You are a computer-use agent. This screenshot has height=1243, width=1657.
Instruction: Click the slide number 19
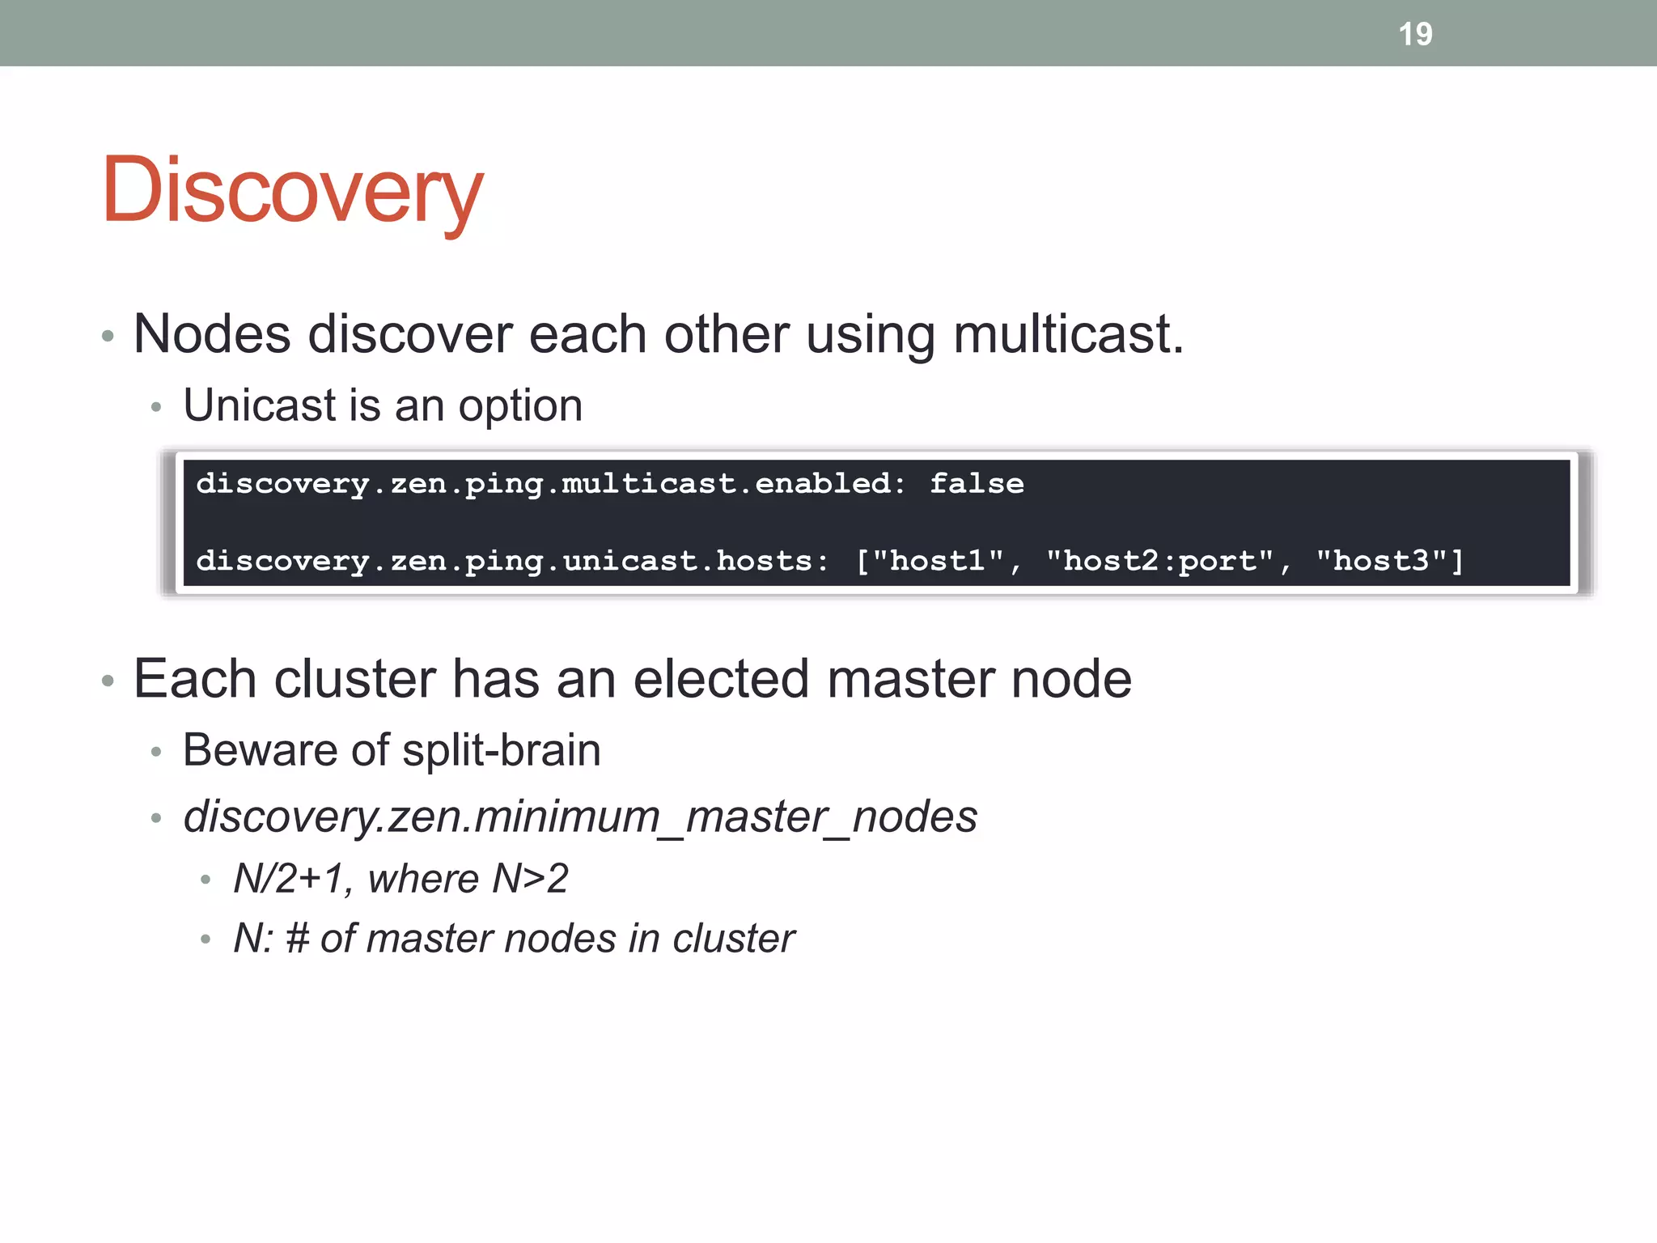click(x=1415, y=34)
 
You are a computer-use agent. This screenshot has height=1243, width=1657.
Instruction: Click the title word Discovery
click(x=292, y=191)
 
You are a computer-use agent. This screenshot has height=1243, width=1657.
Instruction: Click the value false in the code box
click(x=977, y=483)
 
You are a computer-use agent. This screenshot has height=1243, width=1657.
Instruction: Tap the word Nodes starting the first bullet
click(x=212, y=334)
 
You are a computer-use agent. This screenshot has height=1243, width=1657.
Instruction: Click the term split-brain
click(x=502, y=749)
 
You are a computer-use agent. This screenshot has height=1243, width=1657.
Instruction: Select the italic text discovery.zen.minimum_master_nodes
click(x=580, y=816)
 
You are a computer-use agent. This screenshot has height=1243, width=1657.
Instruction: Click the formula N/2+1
click(x=289, y=878)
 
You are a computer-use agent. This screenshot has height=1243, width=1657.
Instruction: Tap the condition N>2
click(x=530, y=878)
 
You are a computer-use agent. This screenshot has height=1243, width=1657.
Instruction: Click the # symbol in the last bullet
click(x=297, y=939)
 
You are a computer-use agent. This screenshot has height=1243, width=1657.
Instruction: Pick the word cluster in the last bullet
click(x=733, y=939)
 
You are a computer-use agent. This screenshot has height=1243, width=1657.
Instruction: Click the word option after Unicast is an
click(x=520, y=405)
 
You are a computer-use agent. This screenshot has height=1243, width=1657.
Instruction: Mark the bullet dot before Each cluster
click(x=108, y=681)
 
